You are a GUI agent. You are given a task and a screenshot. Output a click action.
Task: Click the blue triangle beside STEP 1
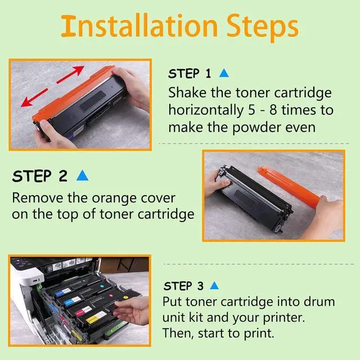click(x=223, y=73)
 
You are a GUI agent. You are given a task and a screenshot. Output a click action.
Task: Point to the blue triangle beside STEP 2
click(x=82, y=175)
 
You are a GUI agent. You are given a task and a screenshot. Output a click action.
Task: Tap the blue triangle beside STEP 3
click(x=214, y=285)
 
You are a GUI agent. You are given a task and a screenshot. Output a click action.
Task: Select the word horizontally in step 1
click(x=209, y=110)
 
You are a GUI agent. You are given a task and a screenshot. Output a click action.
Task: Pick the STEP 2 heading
click(x=40, y=175)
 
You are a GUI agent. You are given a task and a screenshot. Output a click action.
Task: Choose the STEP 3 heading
click(x=185, y=286)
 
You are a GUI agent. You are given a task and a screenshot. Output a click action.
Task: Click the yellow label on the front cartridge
click(x=96, y=318)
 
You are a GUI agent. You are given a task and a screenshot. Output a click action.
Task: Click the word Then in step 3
click(x=176, y=334)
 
